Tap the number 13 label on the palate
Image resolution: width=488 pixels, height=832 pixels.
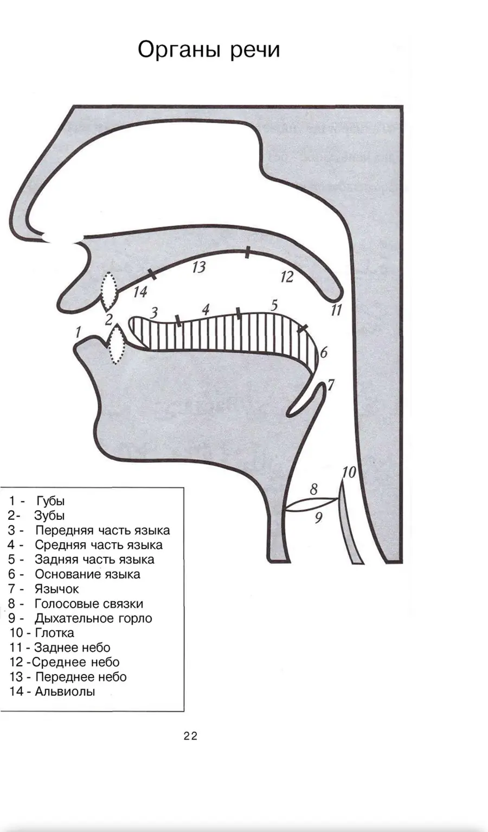click(x=199, y=267)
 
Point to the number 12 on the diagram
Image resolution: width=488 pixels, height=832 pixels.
click(x=286, y=277)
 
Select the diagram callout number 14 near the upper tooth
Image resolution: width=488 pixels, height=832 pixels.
click(x=140, y=292)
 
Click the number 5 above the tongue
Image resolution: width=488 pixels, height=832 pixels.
click(x=274, y=306)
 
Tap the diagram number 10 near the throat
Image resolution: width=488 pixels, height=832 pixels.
click(x=349, y=473)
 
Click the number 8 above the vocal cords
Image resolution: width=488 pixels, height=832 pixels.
click(x=314, y=490)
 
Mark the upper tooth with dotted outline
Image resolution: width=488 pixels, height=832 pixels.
click(x=110, y=291)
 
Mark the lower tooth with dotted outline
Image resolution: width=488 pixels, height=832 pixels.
click(x=117, y=344)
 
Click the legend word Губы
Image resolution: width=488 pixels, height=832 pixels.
click(x=50, y=501)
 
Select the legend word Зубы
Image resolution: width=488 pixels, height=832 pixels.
click(x=49, y=516)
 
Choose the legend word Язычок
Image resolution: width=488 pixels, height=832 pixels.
click(x=57, y=589)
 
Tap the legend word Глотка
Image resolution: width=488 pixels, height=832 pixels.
click(x=54, y=633)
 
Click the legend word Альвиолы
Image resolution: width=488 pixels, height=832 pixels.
click(x=65, y=691)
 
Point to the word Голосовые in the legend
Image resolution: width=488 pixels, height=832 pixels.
click(x=67, y=604)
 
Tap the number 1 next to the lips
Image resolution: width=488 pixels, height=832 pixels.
click(x=78, y=332)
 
